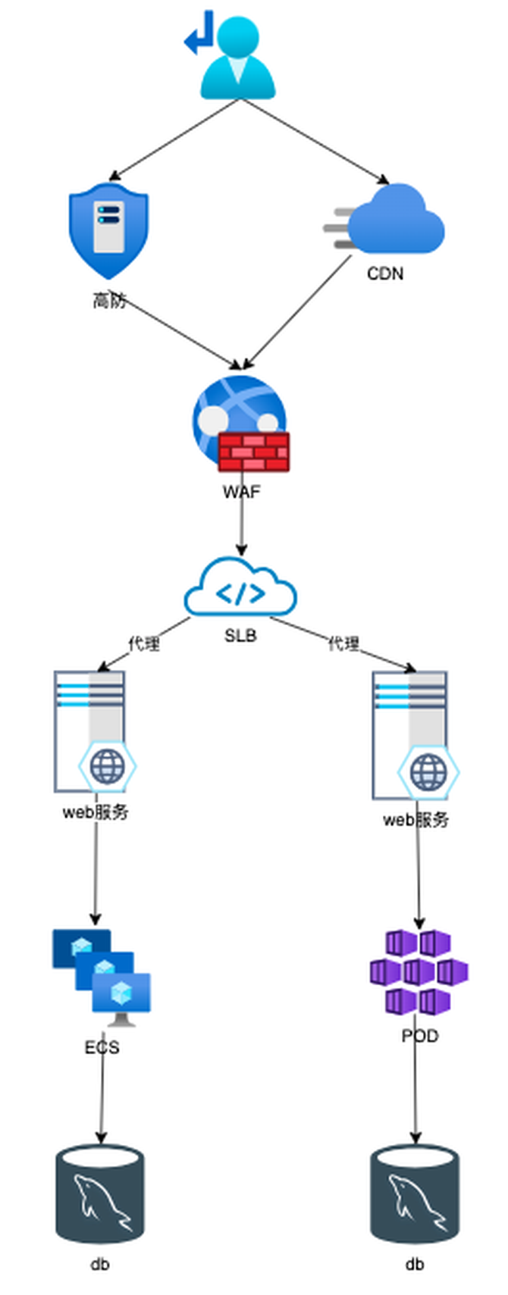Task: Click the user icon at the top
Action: tap(237, 59)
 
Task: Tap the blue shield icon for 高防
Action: tap(108, 231)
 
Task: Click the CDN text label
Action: tap(385, 274)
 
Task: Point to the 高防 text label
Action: tap(109, 301)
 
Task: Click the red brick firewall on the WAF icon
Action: tap(254, 452)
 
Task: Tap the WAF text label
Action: tap(241, 492)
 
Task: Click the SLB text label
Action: tap(240, 635)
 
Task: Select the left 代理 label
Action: tap(144, 643)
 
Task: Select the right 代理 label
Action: tap(343, 643)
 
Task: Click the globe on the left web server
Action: tap(107, 767)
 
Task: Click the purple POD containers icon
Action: tap(419, 972)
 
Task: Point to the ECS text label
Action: tap(102, 1047)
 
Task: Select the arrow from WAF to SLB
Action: tap(242, 523)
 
